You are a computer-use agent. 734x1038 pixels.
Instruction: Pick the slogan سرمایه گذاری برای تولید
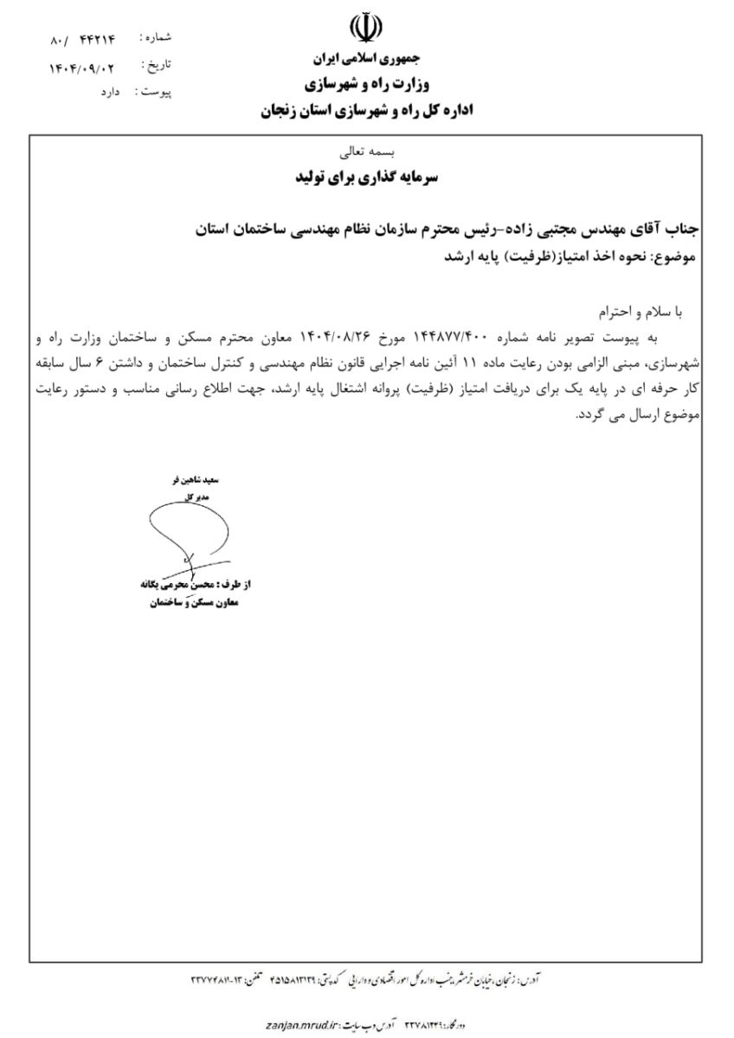(367, 179)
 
